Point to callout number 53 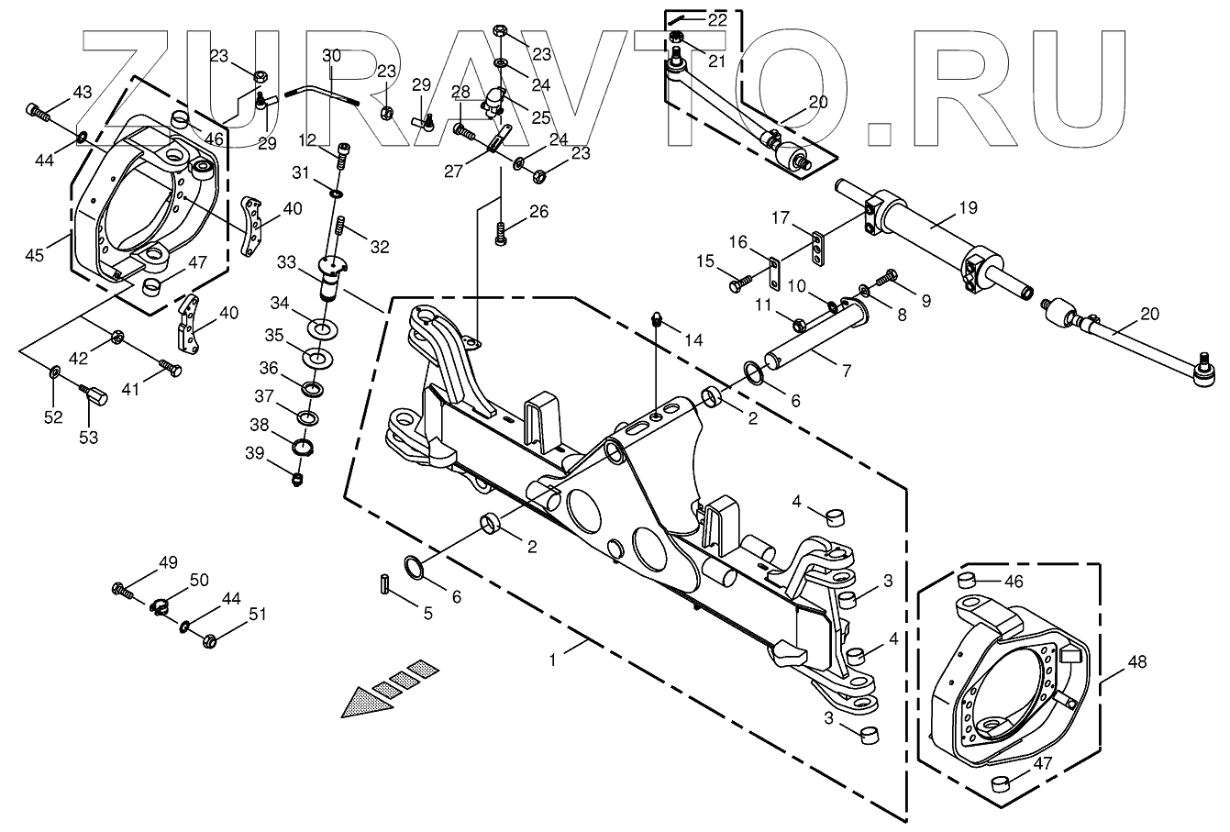88,438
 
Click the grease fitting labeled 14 657,320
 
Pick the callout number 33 286,262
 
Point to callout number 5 427,615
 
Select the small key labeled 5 385,582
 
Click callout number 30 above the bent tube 331,56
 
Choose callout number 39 253,452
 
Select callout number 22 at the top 716,19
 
